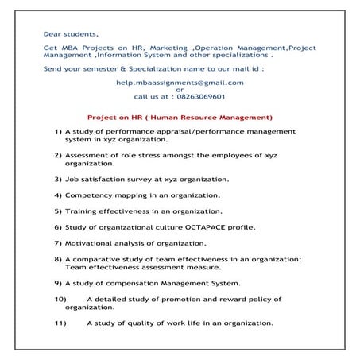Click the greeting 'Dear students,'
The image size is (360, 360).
point(72,33)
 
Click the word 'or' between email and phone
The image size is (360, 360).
point(180,89)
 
